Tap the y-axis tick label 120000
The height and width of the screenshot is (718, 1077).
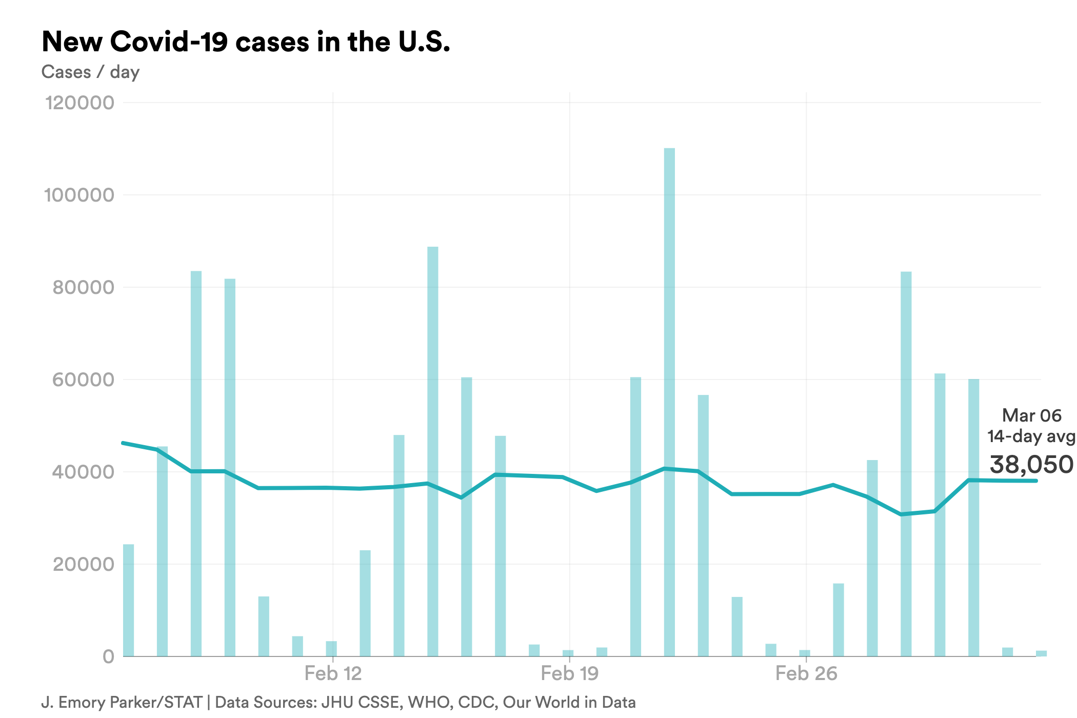[x=79, y=103]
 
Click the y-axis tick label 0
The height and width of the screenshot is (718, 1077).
[x=108, y=656]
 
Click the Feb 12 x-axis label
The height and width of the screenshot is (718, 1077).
[x=333, y=673]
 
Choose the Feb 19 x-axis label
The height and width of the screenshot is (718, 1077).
[x=569, y=673]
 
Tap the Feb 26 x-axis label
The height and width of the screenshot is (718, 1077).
[x=806, y=673]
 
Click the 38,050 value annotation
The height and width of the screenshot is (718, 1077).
[x=1031, y=465]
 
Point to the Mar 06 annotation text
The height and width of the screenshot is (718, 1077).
[x=1031, y=415]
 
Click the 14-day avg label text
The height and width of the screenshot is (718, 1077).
[x=1031, y=436]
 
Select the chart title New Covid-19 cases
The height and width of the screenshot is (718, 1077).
[x=246, y=42]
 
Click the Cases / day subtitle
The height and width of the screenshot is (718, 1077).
[x=90, y=72]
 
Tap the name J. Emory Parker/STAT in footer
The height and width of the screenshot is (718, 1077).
[x=122, y=702]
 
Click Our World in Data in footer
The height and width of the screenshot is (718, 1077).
[x=569, y=702]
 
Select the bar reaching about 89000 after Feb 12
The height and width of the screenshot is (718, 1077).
[x=433, y=451]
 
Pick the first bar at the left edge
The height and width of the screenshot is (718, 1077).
[x=128, y=600]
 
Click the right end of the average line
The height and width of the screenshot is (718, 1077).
[x=1036, y=481]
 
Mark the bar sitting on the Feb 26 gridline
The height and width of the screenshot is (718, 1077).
[x=805, y=653]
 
